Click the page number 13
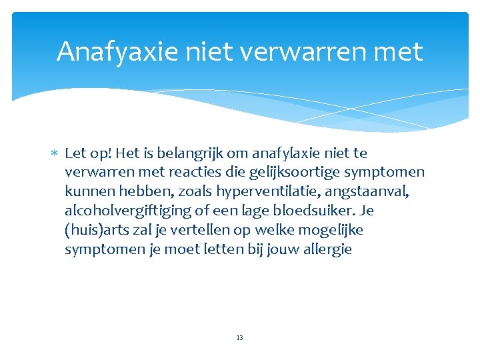click(x=239, y=338)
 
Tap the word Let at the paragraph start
click(x=75, y=153)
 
